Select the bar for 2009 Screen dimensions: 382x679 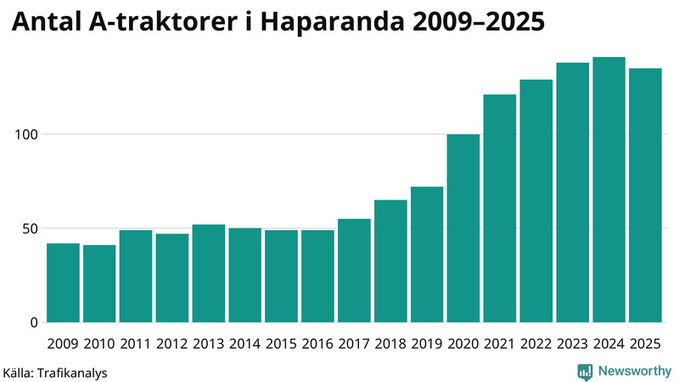(63, 283)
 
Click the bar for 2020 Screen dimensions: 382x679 (463, 228)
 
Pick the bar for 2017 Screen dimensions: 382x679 (354, 271)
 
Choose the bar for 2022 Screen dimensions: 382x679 (536, 201)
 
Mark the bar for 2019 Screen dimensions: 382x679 (427, 255)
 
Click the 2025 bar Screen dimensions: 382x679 (645, 195)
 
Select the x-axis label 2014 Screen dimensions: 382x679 (245, 344)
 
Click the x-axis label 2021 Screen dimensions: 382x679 (500, 344)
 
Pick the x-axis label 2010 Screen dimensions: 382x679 (99, 344)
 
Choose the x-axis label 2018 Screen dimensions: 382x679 (390, 344)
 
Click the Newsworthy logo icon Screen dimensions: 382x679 (586, 371)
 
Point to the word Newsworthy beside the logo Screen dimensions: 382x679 (633, 371)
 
